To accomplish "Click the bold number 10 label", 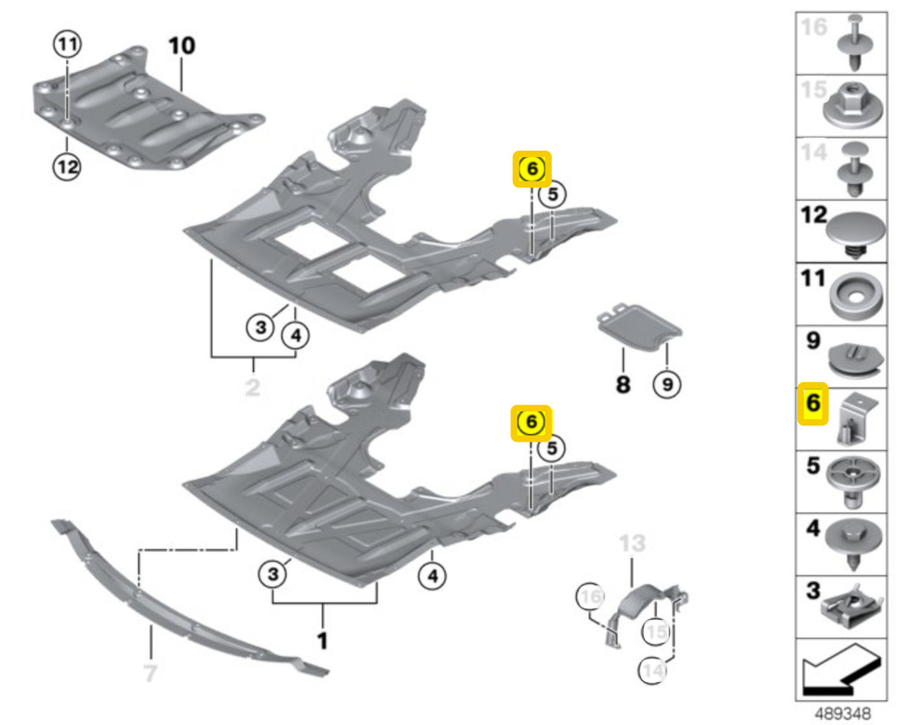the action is (182, 46).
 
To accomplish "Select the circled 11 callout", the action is (67, 45).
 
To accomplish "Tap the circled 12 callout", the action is (67, 167).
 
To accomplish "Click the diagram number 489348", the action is (842, 714).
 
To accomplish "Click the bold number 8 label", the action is (623, 384).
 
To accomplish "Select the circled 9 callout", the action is (667, 384).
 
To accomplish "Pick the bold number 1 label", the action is (323, 641).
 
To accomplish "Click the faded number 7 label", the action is (150, 673).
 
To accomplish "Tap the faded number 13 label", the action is (632, 543).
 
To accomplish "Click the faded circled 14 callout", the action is (653, 670).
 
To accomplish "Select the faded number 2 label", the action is (253, 388).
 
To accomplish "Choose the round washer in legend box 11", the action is (855, 296).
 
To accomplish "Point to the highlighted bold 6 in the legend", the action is (813, 403).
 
